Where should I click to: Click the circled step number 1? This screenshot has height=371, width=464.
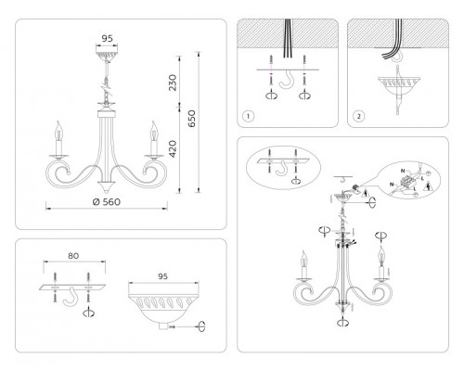[x=248, y=117]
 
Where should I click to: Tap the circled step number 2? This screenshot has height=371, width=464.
[x=359, y=117]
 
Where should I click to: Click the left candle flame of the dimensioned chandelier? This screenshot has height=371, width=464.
[x=62, y=127]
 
